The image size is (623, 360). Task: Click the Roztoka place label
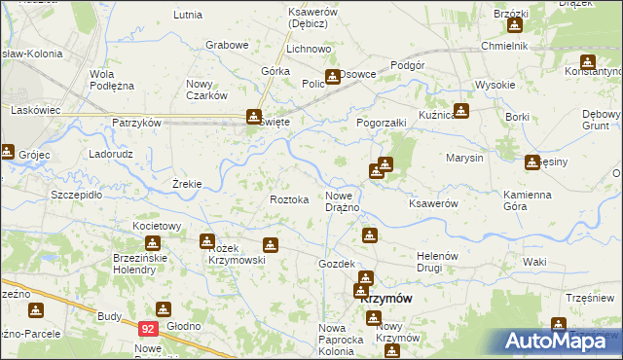pos(289,199)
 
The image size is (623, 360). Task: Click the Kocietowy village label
pos(158,226)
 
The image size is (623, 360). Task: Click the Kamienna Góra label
pos(529,201)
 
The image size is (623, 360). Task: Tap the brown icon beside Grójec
pos(8,151)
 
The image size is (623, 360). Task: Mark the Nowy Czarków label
pos(206,90)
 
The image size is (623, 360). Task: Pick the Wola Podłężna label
pos(111,80)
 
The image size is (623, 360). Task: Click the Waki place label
pos(533,262)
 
